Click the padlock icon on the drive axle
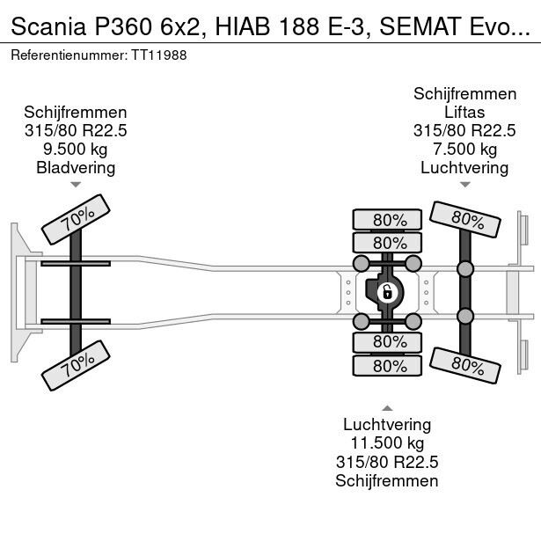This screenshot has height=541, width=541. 386,291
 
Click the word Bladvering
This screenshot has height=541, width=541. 76,167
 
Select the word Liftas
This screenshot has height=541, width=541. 464,113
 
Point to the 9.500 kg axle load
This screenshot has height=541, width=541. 76,149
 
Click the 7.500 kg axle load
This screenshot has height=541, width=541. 464,149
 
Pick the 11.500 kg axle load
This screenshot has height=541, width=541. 387,443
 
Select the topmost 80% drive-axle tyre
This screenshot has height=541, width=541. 387,220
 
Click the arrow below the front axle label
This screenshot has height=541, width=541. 76,185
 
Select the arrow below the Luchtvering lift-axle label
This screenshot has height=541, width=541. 464,185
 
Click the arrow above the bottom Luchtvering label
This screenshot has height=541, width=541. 387,407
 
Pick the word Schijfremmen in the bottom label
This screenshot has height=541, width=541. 387,480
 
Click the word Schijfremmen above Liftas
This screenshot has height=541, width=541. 464,94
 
